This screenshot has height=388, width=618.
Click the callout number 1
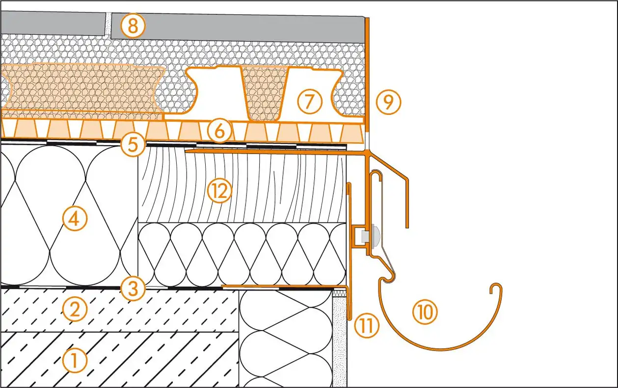(75, 361)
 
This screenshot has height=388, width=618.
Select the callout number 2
(75, 310)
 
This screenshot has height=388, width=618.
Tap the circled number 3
(134, 289)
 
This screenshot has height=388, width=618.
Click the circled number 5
(134, 145)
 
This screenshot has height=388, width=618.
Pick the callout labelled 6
(219, 131)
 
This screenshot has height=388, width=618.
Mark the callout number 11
(367, 327)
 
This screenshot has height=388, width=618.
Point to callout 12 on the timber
(219, 191)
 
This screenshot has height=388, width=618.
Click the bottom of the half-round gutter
(437, 349)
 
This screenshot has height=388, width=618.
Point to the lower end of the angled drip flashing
(407, 226)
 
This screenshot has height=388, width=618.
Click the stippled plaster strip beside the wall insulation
(339, 338)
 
